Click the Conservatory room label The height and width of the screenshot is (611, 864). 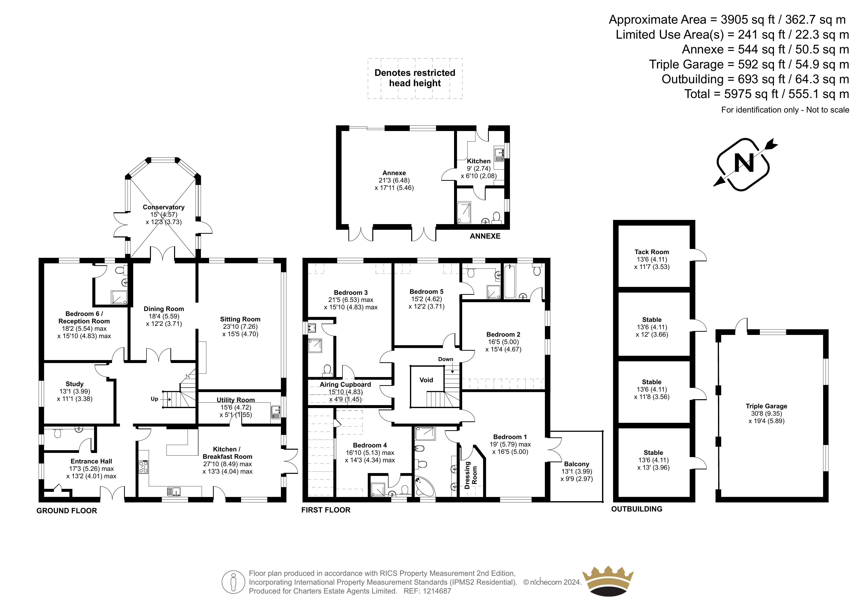(x=164, y=207)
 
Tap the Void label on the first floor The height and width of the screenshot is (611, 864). (x=426, y=380)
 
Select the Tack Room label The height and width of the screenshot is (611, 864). (x=652, y=252)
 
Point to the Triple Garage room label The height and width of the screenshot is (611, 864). (x=766, y=406)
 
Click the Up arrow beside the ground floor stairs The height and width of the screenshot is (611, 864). (x=167, y=399)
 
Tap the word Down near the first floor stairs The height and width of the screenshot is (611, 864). (x=446, y=359)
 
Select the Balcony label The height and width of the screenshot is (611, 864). (x=576, y=464)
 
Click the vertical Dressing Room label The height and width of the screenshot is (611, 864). (x=471, y=475)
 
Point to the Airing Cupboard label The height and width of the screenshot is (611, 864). (x=345, y=384)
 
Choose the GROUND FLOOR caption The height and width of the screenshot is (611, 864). (x=67, y=511)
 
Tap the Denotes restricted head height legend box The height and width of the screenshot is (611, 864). (x=415, y=78)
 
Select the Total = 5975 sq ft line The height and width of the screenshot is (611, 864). (x=766, y=94)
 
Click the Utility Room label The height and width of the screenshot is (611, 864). (x=236, y=400)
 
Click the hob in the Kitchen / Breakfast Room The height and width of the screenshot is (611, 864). (x=143, y=467)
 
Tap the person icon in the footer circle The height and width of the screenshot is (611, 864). (x=233, y=582)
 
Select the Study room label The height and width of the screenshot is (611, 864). (x=75, y=384)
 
